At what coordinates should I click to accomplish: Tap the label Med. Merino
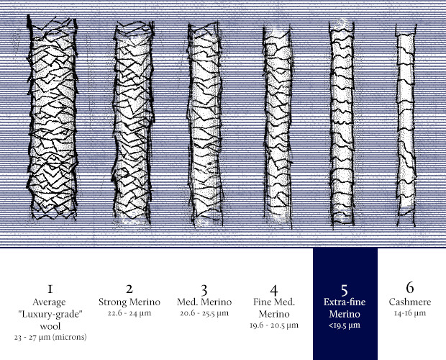[x=203, y=302]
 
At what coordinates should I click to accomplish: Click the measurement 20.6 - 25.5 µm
[x=203, y=313]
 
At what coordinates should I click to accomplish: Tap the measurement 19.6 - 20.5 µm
[x=274, y=325]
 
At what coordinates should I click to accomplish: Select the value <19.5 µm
[x=345, y=325]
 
